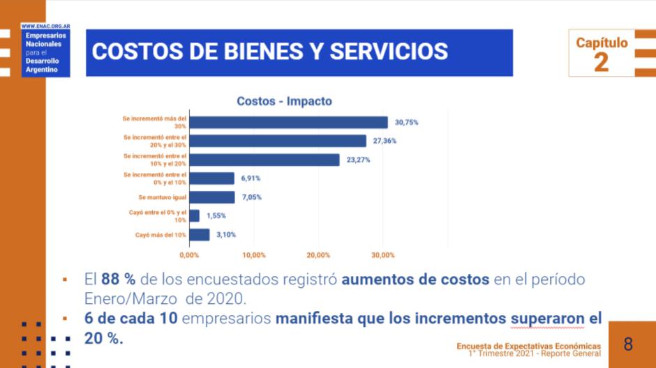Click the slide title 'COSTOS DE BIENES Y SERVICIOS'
[270, 52]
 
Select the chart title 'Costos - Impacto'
[284, 101]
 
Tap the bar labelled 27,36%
[278, 141]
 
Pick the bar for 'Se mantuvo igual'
[212, 197]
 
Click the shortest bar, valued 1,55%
[195, 216]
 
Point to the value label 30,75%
[406, 123]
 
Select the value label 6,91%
[252, 178]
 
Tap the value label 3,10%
[226, 235]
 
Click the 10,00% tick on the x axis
[254, 255]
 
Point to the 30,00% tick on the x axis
[382, 255]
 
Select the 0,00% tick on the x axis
[189, 255]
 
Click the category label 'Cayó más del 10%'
[161, 235]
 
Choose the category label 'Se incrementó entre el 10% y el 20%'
[155, 160]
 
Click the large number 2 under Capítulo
[601, 62]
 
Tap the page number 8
[628, 344]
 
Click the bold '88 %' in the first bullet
[118, 279]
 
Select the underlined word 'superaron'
[546, 319]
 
